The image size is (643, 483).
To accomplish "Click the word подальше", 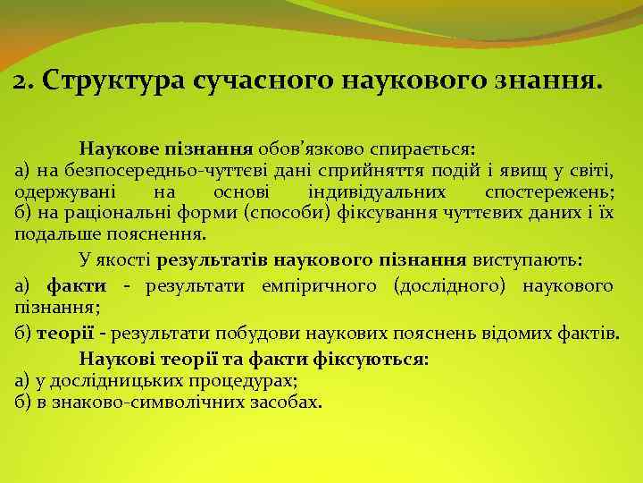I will point(59,234).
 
